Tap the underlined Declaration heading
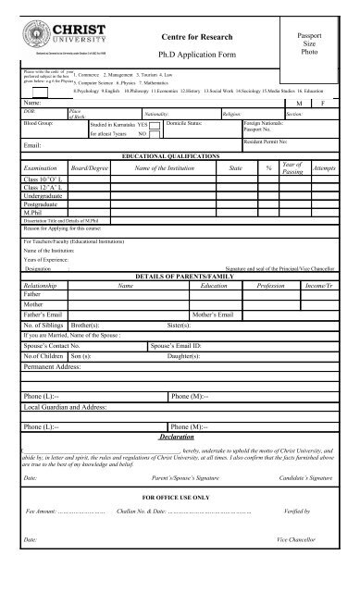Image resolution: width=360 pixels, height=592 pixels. pyautogui.click(x=180, y=436)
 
